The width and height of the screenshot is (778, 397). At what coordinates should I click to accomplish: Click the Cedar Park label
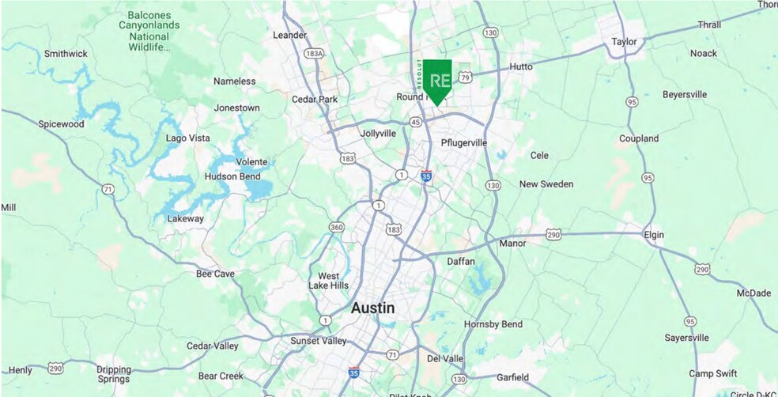coord(315,100)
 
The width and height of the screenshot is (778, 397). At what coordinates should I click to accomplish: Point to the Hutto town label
coord(521,67)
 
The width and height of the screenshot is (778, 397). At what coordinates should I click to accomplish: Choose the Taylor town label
coord(624,42)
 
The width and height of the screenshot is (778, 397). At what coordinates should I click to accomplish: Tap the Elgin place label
coord(653,235)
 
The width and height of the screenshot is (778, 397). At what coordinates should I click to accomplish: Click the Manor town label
coord(512,244)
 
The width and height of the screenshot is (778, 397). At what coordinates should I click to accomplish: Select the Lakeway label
coord(186,219)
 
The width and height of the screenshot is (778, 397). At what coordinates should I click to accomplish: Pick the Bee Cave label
coord(215,274)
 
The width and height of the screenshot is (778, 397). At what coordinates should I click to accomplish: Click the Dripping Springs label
coord(114,373)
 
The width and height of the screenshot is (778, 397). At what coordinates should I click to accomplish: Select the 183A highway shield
coord(314,54)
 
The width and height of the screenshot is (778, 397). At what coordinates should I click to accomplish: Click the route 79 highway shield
coord(466,77)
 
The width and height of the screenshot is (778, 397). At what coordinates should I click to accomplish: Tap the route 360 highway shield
coord(337,228)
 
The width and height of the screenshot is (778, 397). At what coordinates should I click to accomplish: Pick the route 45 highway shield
coord(416,123)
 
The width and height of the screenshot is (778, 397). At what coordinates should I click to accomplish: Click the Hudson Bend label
coord(232,176)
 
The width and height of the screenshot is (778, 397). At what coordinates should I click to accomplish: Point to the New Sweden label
coord(546,183)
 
